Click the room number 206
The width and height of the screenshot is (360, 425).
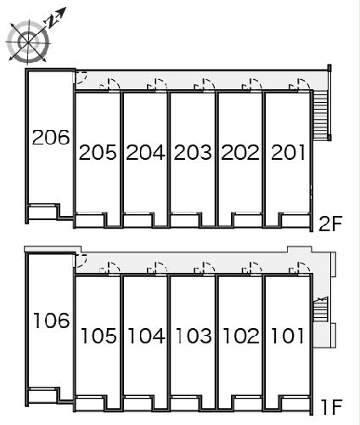point(51,137)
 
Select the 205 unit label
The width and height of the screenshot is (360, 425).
point(98,152)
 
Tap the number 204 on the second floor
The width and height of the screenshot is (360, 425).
point(145,152)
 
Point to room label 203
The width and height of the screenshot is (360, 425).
point(193,152)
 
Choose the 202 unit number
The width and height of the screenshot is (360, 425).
point(240,152)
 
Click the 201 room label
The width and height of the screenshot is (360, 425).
point(288,152)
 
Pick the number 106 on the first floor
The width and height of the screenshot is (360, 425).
point(52,320)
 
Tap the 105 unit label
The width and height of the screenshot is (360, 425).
point(98,336)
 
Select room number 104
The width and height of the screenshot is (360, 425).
point(147,336)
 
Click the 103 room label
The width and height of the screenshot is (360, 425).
point(194,336)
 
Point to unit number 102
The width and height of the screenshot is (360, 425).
point(241,336)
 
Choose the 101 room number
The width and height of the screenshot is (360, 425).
point(288,336)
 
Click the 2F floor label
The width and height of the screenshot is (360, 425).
point(330,224)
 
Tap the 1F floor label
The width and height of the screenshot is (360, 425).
point(332,407)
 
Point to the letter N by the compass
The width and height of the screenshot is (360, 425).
point(52,22)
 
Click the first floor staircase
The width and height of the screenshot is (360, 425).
point(321,309)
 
